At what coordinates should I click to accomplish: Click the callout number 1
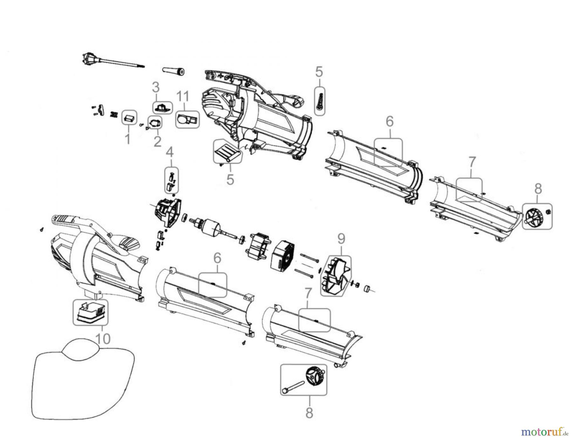(x=128, y=138)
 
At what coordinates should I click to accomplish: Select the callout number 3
(x=155, y=87)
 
